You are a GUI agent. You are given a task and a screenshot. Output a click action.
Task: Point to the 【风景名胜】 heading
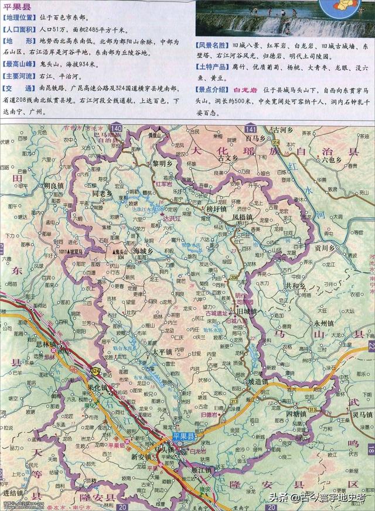213,46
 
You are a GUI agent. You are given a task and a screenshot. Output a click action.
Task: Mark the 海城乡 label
143,251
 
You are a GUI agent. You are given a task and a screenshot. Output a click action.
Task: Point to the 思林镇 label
62,344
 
